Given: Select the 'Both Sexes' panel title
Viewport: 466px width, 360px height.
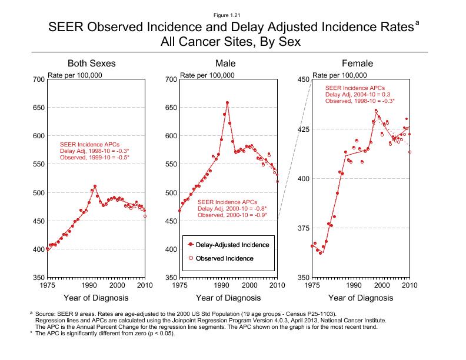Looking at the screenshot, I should [91, 64].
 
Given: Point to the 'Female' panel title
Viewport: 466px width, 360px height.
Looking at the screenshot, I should [358, 64].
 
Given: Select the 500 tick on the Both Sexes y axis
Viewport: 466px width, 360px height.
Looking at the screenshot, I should [37, 192].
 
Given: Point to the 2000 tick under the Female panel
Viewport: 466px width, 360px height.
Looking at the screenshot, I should [382, 285].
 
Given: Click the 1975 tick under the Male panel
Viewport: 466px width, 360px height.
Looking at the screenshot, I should [179, 285].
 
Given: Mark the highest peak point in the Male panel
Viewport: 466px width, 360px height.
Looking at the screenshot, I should [227, 102].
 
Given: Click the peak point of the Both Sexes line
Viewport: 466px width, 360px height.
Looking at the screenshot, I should [95, 186].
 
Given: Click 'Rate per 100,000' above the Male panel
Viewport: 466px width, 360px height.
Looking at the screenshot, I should [207, 75].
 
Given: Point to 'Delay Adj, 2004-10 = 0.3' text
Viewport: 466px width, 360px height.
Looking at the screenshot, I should [358, 94].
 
